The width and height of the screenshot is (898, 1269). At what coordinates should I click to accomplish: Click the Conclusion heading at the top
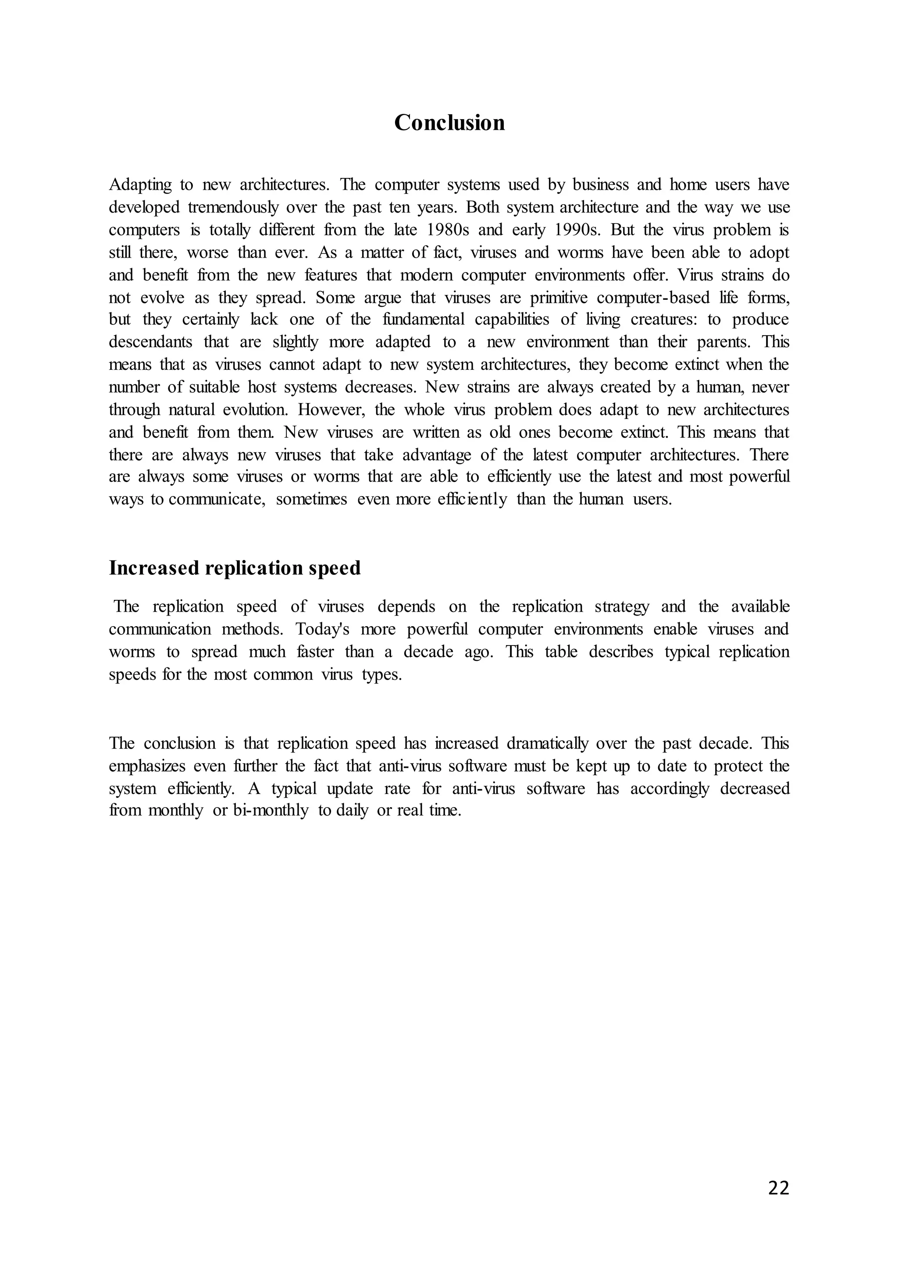(449, 123)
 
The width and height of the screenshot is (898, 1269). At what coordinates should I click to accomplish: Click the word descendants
(150, 342)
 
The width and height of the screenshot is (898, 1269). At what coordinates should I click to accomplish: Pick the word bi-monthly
(271, 810)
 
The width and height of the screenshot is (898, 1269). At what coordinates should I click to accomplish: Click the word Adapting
(140, 184)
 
